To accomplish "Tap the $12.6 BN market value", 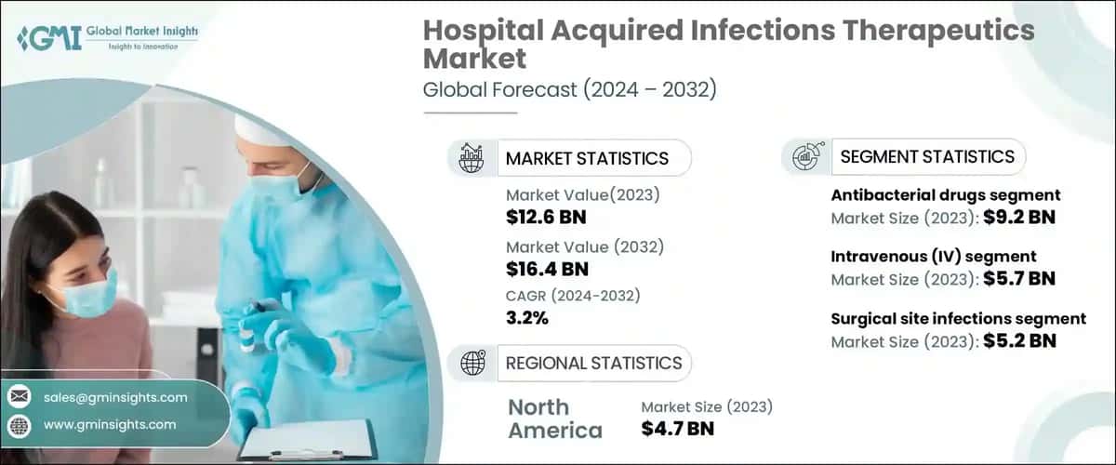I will pos(546,219).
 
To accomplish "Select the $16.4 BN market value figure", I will pos(546,270).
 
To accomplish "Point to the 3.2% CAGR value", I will pos(527,318).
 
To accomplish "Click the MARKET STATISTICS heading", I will pos(587,158).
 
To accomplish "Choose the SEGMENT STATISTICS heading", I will pos(927,156).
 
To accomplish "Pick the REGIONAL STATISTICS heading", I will pos(593,363).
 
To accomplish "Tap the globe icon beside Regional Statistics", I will pos(472,363).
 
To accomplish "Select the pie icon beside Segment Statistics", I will pos(805,157).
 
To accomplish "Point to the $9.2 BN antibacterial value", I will pos(1021,218).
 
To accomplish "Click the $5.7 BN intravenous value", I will pos(1021,278).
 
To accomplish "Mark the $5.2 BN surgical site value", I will pos(1021,340).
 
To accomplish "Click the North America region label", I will pos(554,418).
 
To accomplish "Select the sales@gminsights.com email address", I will pos(115,397).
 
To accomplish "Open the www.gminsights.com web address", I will pos(110,424).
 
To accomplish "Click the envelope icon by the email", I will pos(19,397).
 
